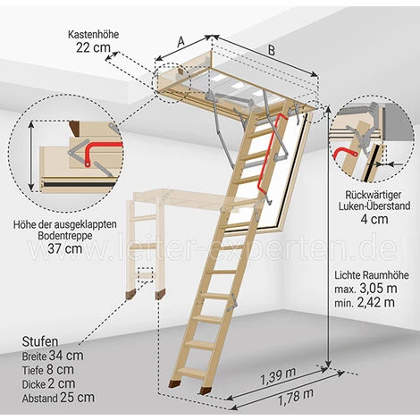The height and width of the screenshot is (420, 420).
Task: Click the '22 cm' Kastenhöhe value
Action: [x=93, y=47]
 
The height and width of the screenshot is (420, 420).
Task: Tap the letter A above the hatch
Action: [x=181, y=42]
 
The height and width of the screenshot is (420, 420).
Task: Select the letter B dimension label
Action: [x=272, y=50]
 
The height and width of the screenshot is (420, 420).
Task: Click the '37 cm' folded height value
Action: [x=65, y=248]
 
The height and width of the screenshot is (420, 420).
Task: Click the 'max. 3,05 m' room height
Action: [x=365, y=289]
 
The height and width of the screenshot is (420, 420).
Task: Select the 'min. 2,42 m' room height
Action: [x=365, y=302]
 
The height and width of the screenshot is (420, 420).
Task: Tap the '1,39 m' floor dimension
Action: [x=278, y=376]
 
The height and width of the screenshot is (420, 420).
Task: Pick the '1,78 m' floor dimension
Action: [x=296, y=397]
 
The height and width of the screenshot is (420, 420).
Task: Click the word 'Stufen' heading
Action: [x=40, y=341]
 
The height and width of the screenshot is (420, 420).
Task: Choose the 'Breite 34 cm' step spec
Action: [x=53, y=356]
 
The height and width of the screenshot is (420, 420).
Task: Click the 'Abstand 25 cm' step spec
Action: [x=58, y=398]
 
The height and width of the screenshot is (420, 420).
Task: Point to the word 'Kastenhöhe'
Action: [x=93, y=35]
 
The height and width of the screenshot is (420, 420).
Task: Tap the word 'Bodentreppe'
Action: [x=65, y=235]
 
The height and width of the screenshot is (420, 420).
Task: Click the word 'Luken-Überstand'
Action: [x=374, y=206]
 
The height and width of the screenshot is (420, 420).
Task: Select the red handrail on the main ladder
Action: [x=269, y=154]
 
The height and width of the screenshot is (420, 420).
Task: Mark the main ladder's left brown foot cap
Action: [x=173, y=384]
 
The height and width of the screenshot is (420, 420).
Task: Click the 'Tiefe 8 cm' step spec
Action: [x=47, y=370]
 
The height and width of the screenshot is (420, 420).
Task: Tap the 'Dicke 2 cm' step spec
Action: [x=48, y=383]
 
